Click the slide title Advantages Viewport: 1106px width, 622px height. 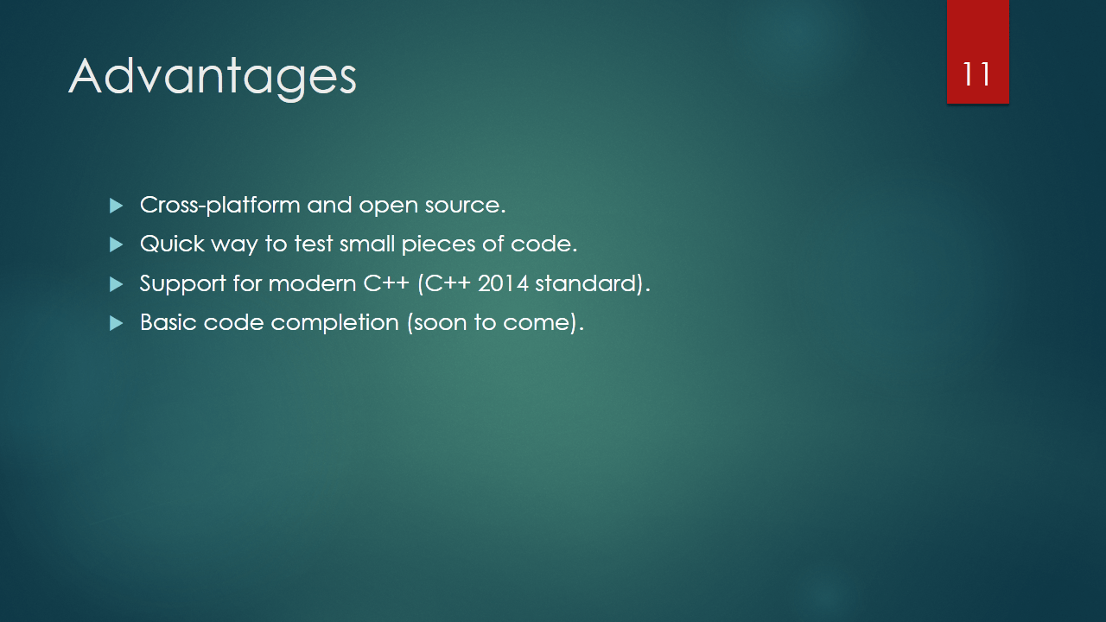coord(213,78)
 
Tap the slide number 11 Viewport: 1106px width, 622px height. coord(976,74)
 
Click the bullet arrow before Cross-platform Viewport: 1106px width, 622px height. coord(116,206)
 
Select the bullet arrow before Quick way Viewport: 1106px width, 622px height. coord(116,244)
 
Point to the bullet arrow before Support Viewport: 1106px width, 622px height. coord(116,284)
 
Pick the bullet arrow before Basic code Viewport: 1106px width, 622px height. coord(116,323)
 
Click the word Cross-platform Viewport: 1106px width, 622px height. coord(220,206)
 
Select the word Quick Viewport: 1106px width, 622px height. coord(172,244)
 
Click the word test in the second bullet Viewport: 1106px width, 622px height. coord(314,244)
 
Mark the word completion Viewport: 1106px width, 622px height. coord(334,324)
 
